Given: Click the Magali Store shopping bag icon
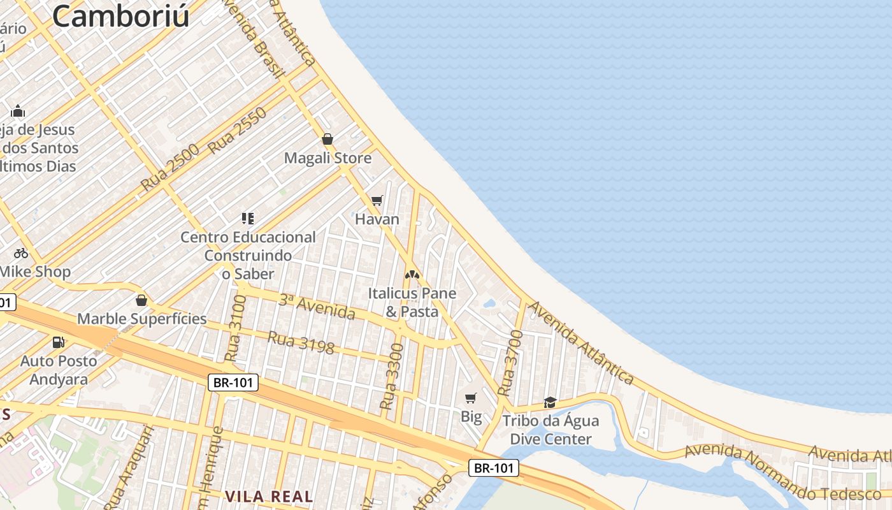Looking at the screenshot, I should (327, 139).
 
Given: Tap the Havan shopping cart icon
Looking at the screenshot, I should (377, 201).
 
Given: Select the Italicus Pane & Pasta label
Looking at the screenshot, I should (412, 302).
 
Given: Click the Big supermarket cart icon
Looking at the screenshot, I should (470, 398).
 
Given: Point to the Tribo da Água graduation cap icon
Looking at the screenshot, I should (550, 402).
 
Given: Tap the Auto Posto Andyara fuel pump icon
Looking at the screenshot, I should (58, 342).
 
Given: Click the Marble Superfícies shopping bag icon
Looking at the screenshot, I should (141, 300).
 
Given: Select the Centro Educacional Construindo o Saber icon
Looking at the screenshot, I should (248, 219).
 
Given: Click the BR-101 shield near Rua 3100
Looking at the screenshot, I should (234, 382).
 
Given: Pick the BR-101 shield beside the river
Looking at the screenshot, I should (494, 468).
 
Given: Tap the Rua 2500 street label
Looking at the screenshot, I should (170, 168).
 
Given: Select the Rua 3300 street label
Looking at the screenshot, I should (392, 376).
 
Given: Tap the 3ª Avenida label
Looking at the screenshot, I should (317, 307).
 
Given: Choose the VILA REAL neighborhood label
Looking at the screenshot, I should (269, 496).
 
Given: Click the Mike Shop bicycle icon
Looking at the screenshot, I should (21, 253).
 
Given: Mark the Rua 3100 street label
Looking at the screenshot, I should (236, 328).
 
